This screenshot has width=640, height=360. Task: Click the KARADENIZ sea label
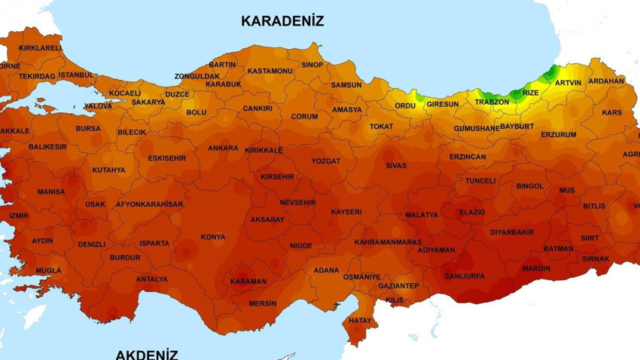pos(282,21)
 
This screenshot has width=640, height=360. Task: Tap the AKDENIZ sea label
pos(147,353)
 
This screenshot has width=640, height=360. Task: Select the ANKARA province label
pos(223,148)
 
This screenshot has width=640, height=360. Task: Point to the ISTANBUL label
pos(76,75)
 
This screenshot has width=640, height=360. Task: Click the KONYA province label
pos(213,237)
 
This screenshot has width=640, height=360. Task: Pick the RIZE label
pos(531,93)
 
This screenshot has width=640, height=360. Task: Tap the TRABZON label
pos(492,102)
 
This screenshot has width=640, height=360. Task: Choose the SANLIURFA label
pos(465,276)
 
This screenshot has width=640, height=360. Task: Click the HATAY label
pos(361,321)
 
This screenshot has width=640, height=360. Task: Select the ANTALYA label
pos(152,279)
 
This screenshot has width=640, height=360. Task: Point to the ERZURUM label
pos(559,135)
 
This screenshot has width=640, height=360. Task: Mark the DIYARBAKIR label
pos(512,233)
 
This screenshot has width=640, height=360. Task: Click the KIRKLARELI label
pos(40,47)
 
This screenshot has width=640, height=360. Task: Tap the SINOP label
pos(312,65)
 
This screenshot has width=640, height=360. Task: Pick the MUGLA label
pos(48,270)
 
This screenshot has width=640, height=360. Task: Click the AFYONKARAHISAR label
pos(149,204)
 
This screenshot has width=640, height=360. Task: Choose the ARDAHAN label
pos(606,81)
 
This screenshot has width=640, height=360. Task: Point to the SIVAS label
pos(396,166)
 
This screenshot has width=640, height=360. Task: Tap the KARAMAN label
pos(248,282)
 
